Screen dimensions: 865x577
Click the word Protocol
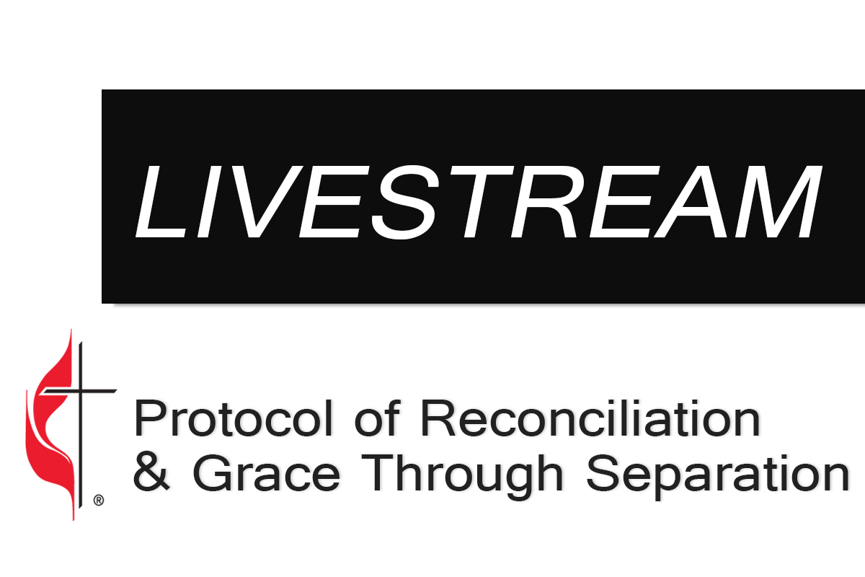click(234, 418)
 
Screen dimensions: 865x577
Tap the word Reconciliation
click(590, 418)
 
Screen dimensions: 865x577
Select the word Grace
click(266, 473)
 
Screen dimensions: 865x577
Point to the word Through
click(461, 477)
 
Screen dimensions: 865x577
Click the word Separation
click(717, 477)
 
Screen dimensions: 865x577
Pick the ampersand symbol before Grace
click(151, 473)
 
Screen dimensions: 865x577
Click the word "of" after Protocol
click(377, 418)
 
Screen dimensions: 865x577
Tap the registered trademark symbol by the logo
click(99, 501)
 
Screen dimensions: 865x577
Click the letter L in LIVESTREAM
click(161, 201)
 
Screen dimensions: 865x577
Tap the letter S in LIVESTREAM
click(405, 201)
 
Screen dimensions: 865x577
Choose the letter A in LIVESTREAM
click(693, 201)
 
